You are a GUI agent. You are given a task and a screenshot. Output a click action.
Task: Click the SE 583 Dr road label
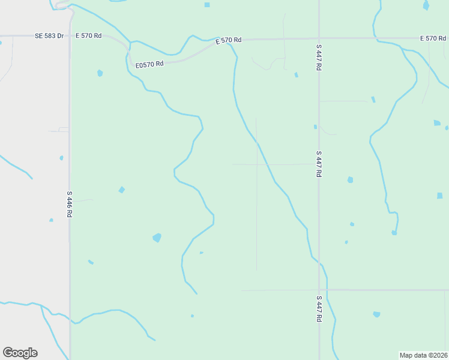[x=49, y=36]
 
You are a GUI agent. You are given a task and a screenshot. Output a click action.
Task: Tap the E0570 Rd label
[x=149, y=64]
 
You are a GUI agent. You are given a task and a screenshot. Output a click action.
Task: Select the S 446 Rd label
[x=70, y=204]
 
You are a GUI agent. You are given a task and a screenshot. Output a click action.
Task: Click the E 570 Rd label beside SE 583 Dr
[x=88, y=36]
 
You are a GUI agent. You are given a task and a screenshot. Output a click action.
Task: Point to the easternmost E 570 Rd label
[x=433, y=38]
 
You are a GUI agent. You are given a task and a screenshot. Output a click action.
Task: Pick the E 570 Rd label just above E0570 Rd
[x=229, y=40]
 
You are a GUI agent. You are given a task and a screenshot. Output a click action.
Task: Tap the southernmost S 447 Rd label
[x=319, y=309]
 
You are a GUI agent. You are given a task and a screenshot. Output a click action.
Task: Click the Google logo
[x=20, y=353]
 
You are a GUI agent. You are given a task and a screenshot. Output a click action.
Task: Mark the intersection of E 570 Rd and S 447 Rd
[x=319, y=39]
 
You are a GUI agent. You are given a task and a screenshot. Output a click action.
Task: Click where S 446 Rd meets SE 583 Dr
[x=70, y=36]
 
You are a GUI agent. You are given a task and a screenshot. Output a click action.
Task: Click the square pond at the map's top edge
[x=207, y=5]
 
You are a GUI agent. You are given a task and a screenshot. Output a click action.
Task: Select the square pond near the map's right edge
[x=440, y=196]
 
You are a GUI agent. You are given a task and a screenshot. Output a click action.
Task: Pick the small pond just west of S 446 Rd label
[x=51, y=220]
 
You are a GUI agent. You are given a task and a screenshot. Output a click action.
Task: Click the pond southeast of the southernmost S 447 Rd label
[x=376, y=314]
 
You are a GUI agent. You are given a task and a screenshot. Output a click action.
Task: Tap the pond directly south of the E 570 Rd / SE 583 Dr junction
[x=100, y=73]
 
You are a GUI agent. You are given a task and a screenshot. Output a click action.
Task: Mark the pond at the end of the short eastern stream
[x=394, y=232]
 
